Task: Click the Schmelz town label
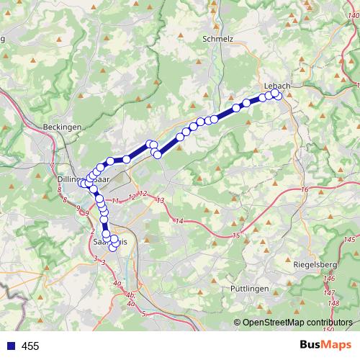tap(219, 40)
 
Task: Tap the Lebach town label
tap(277, 86)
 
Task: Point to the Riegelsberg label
tap(315, 265)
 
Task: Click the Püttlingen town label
tap(249, 288)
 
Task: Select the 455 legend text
tap(30, 346)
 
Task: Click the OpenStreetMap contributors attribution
tap(297, 323)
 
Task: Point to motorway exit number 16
tap(305, 189)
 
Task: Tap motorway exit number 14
tap(179, 220)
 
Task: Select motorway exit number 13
tap(160, 200)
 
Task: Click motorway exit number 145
tap(350, 239)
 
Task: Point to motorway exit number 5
tap(143, 314)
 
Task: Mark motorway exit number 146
tap(330, 278)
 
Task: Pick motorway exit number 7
tap(52, 166)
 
